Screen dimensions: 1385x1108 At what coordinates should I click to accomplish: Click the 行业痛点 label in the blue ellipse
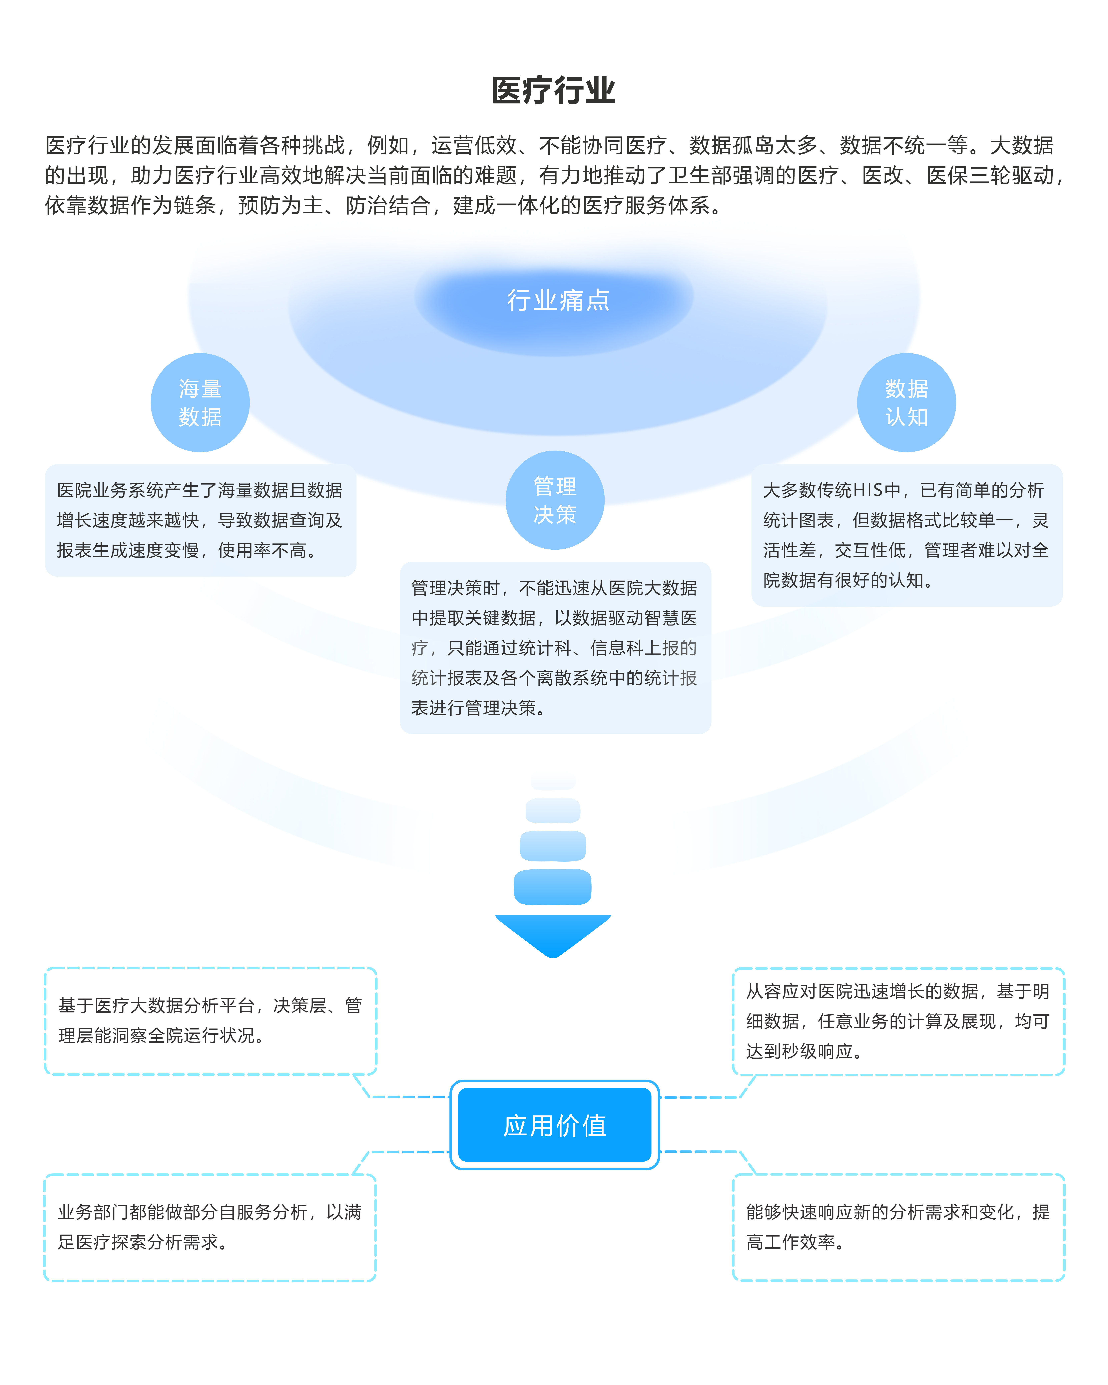point(558,300)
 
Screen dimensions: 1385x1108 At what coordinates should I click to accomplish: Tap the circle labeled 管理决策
point(555,500)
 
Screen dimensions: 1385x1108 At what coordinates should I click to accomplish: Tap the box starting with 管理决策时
point(555,648)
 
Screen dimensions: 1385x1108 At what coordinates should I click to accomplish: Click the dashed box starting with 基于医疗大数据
point(210,1021)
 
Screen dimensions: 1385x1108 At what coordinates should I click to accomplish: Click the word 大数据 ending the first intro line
point(1021,146)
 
